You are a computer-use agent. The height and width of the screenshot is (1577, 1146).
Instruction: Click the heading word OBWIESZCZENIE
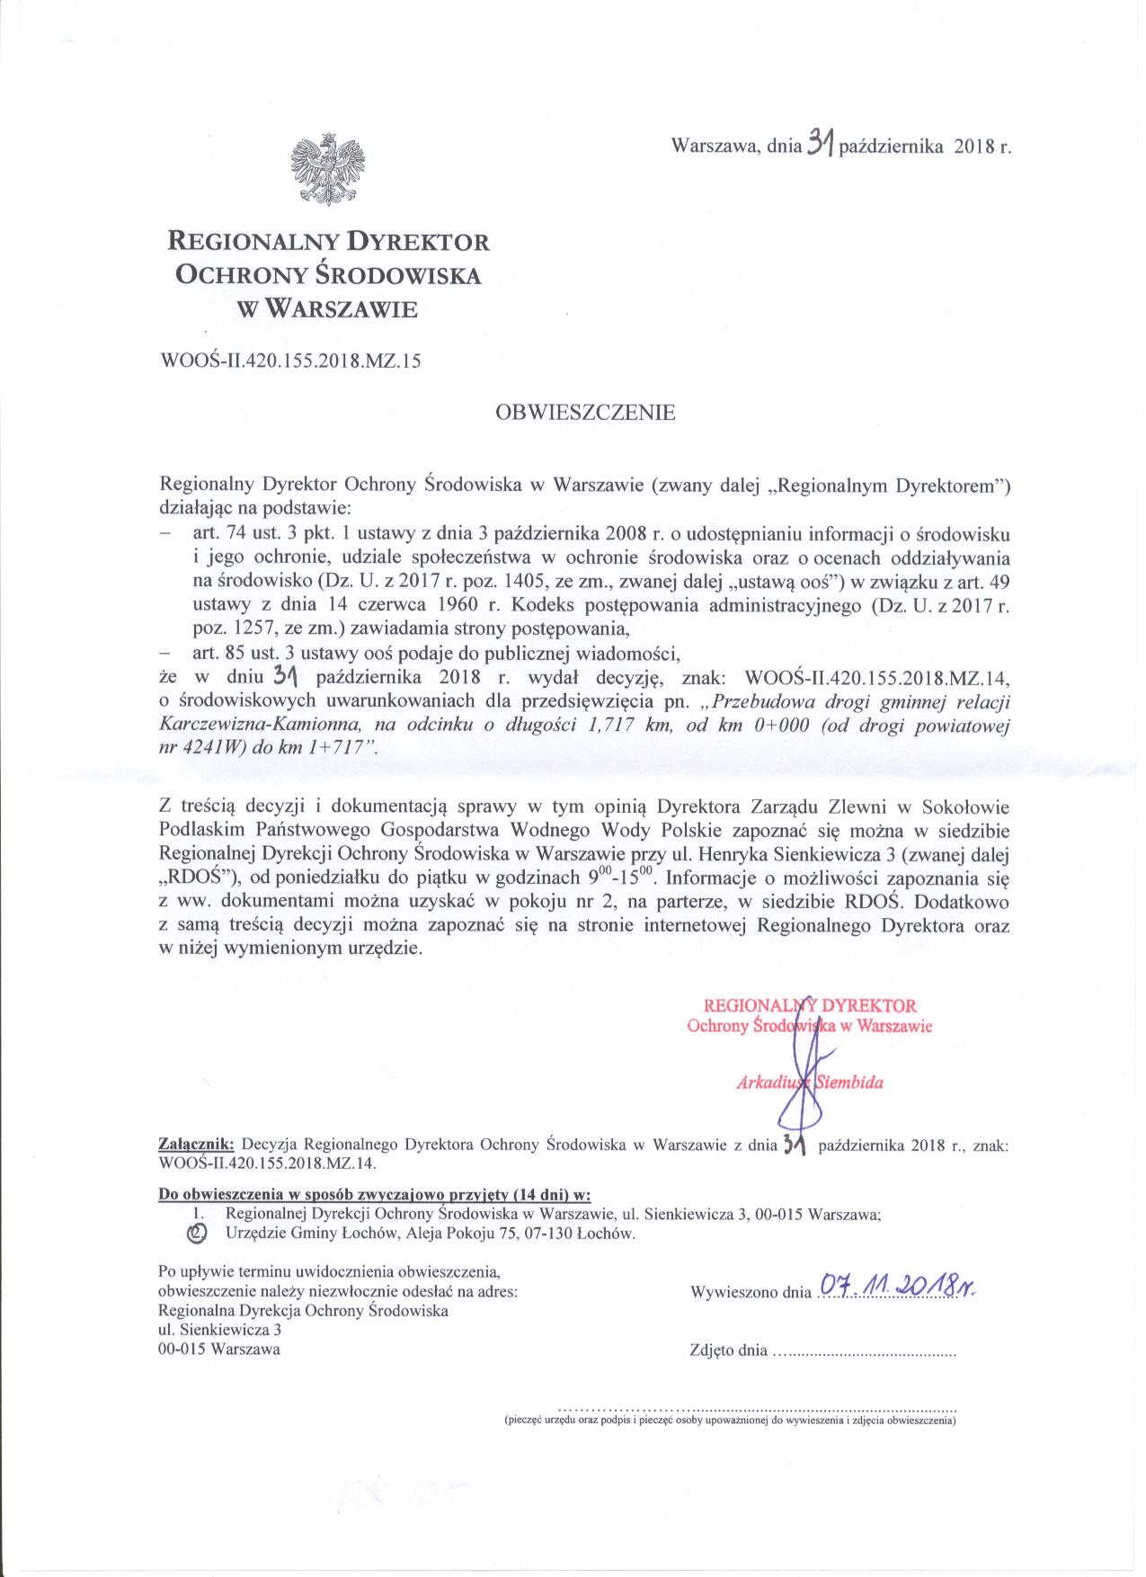tap(584, 414)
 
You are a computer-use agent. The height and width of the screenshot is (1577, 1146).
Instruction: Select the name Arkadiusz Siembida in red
tap(809, 1083)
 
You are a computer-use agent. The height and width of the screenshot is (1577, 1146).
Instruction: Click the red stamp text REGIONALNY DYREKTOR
tap(809, 1006)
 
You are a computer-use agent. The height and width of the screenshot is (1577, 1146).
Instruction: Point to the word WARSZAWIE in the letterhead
tap(344, 310)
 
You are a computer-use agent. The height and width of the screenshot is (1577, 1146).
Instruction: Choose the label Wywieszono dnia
tap(750, 1293)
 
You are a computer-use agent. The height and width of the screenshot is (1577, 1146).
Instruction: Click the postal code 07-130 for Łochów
tap(537, 1234)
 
